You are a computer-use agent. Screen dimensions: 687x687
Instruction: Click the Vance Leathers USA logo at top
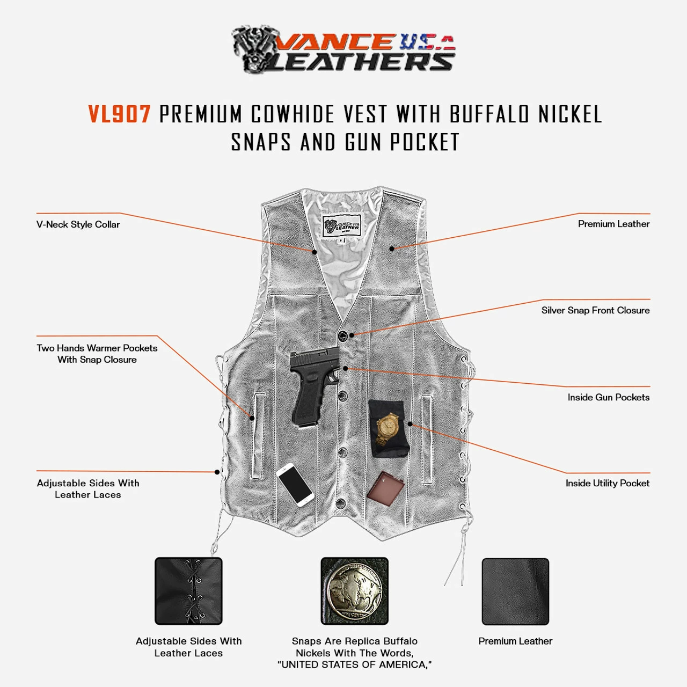coord(343,49)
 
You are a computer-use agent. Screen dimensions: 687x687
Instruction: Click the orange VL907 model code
coord(119,114)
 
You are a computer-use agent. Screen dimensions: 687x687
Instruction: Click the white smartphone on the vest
coord(295,484)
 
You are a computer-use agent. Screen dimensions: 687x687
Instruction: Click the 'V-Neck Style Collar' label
coord(78,224)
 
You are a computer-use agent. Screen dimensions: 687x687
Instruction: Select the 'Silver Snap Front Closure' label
coord(595,310)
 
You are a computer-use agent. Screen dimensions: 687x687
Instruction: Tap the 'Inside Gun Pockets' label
coord(608,397)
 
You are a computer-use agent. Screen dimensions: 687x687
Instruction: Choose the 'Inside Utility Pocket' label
coord(607,483)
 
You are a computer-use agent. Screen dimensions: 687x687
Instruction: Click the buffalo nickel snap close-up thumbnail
coord(354,591)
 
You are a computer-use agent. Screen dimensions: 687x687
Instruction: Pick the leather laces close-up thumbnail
coord(188,591)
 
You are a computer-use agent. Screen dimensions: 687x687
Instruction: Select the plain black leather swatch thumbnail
coord(515,591)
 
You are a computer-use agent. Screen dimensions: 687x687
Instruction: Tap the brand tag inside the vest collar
coord(341,226)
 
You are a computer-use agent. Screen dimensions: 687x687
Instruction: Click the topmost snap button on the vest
coord(342,336)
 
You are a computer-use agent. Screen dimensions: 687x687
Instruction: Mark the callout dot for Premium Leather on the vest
coord(392,249)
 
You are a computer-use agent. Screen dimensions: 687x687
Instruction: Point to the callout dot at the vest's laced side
coord(217,472)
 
